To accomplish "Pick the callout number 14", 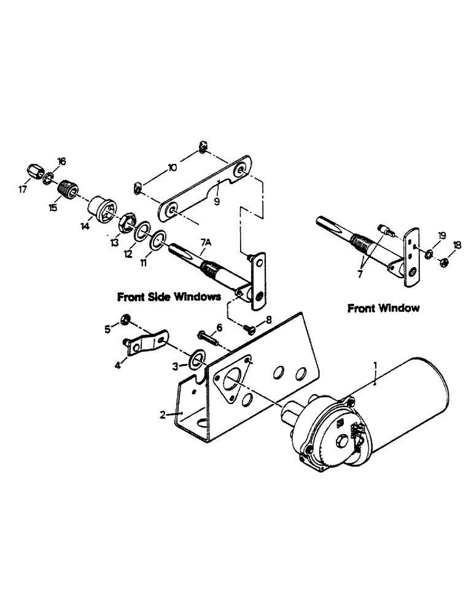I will (x=84, y=226).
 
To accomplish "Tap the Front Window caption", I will (x=384, y=308).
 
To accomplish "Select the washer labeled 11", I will (x=157, y=240).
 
